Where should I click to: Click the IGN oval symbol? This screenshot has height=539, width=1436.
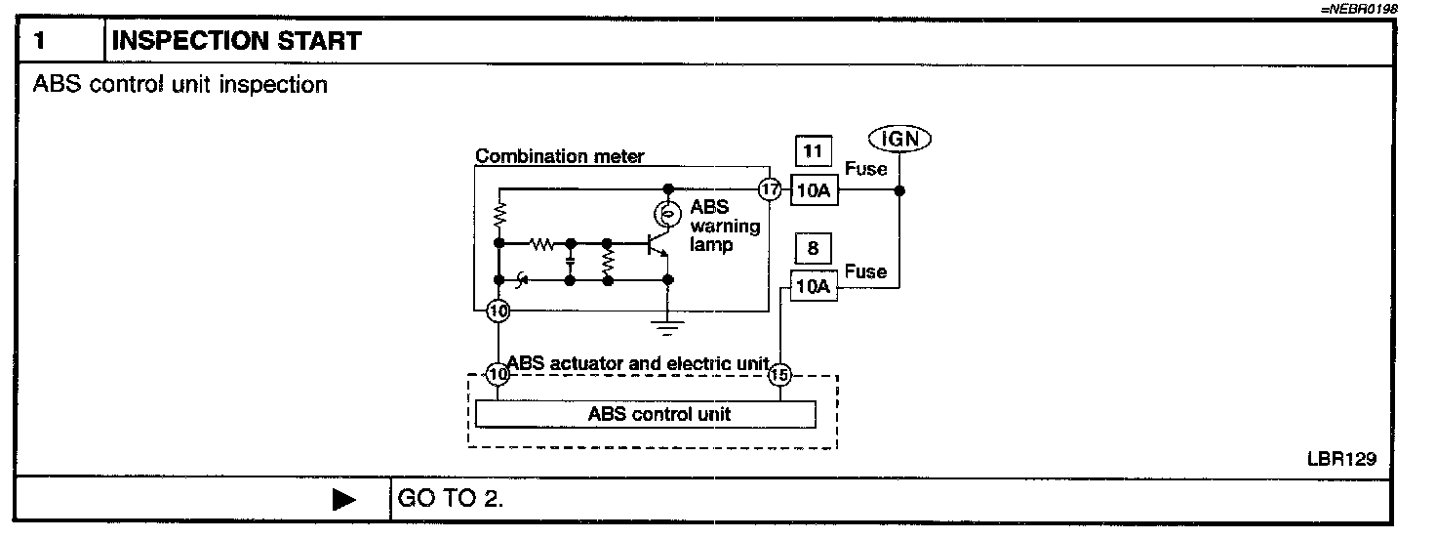[x=898, y=139]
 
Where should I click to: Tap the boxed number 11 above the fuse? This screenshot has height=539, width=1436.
[x=813, y=151]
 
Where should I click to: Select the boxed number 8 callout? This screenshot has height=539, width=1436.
[x=813, y=249]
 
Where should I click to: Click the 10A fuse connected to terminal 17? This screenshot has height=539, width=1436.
[x=814, y=190]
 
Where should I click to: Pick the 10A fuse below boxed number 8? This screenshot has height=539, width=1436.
[x=814, y=287]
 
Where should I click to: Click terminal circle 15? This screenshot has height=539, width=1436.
[x=778, y=374]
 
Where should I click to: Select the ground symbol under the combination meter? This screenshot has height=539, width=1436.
[x=668, y=325]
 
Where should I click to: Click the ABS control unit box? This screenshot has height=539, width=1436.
[x=645, y=414]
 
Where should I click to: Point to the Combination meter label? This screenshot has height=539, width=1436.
[x=559, y=156]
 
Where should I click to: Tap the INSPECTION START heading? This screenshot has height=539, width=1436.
[x=237, y=41]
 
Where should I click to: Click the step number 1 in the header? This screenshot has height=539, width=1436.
[x=40, y=41]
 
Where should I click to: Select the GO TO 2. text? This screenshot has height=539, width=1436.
[x=450, y=499]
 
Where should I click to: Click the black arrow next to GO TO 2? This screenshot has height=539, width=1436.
[x=344, y=500]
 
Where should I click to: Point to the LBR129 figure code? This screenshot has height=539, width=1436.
[x=1341, y=459]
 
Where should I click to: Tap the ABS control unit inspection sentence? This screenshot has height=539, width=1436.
[x=180, y=85]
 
